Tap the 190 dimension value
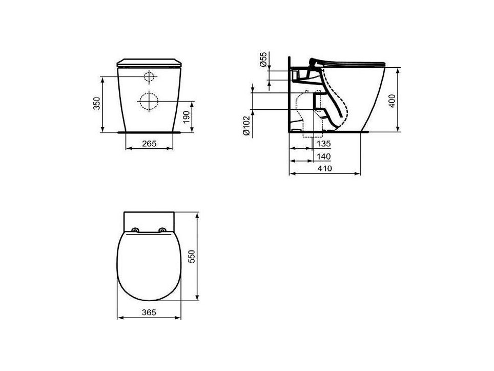tap(187, 116)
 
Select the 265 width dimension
tap(149, 144)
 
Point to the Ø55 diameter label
tap(263, 59)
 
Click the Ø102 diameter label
tap(246, 126)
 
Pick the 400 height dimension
tap(392, 101)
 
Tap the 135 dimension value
tap(324, 144)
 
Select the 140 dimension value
tap(324, 156)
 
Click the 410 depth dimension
tap(324, 168)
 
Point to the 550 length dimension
tap(192, 256)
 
